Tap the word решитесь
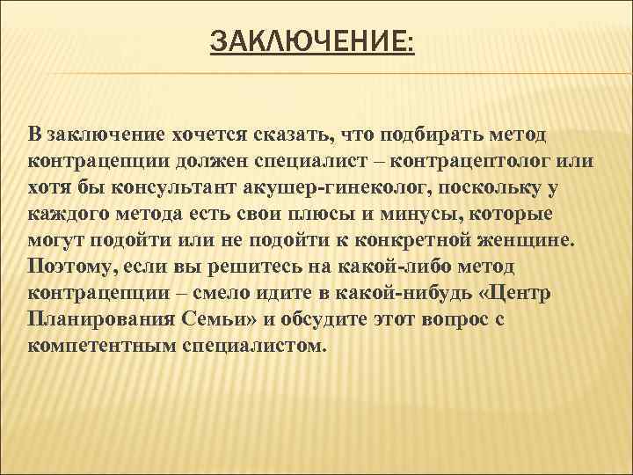(244, 267)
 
